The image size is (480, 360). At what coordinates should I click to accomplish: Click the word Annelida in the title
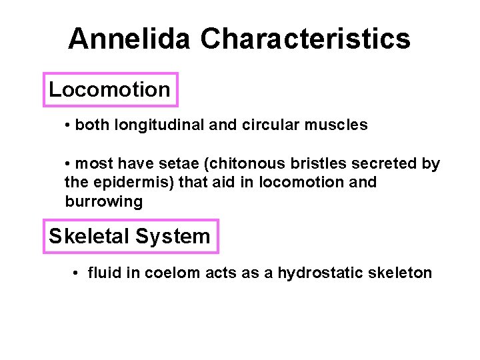coord(130,39)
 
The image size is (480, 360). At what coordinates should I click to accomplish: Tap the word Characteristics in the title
coord(305,39)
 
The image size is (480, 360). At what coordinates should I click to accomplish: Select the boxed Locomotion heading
coord(110,89)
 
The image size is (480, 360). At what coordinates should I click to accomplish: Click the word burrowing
coord(103,201)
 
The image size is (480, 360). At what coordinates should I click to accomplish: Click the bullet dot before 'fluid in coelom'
coord(77,273)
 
